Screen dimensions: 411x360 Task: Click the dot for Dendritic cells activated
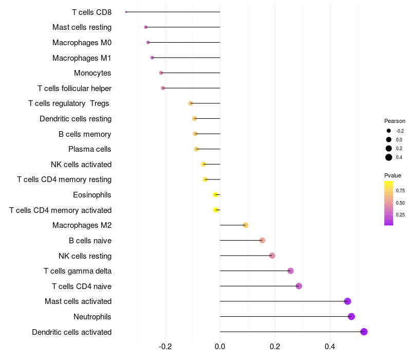364,332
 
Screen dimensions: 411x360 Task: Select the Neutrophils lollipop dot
351,316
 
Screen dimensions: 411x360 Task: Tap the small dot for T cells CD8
126,12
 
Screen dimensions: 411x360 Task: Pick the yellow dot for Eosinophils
215,195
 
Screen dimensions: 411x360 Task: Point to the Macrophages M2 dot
246,225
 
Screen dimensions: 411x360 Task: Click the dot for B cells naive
262,240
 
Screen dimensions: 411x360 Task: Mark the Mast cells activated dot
348,301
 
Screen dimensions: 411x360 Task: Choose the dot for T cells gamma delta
290,271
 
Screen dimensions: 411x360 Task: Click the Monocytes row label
92,73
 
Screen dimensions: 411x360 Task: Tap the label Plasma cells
89,149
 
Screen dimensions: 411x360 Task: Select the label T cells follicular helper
74,88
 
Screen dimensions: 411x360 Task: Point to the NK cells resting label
85,256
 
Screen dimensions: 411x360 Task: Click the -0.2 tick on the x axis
165,347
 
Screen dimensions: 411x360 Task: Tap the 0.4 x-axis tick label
330,347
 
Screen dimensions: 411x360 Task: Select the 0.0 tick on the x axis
220,347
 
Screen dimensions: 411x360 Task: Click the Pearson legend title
395,121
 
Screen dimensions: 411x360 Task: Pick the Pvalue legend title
393,175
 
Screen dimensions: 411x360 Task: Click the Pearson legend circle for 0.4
389,157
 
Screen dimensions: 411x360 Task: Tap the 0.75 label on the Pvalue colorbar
400,191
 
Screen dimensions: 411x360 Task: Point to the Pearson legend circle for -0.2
389,131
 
